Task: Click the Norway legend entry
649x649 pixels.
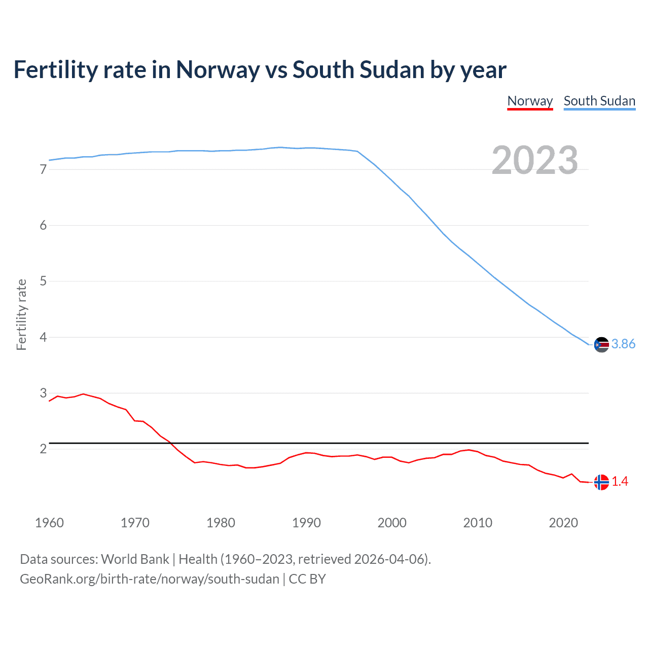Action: [x=530, y=101]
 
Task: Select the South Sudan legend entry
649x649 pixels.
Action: [x=599, y=101]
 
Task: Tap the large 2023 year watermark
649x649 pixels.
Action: [x=534, y=160]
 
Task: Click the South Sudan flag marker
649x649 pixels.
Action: [x=601, y=344]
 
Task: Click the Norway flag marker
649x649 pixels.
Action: [x=601, y=482]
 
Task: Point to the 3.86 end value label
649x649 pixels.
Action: [x=623, y=344]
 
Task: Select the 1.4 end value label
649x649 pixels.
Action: [x=620, y=482]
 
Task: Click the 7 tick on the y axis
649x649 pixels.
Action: [x=43, y=170]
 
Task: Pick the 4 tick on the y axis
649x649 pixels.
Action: [x=43, y=338]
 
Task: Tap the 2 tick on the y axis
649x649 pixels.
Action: [x=43, y=449]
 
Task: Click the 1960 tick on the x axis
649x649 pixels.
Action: [x=49, y=523]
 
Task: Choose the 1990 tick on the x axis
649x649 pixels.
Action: [x=306, y=523]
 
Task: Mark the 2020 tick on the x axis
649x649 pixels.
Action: [x=563, y=523]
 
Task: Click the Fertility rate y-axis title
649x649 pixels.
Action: [x=21, y=314]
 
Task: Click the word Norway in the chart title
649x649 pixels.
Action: [x=218, y=70]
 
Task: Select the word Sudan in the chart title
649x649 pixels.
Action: [x=391, y=70]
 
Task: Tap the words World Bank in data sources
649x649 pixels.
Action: [x=135, y=559]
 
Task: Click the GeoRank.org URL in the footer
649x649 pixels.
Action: [x=150, y=579]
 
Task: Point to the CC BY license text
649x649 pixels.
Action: [x=307, y=579]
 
